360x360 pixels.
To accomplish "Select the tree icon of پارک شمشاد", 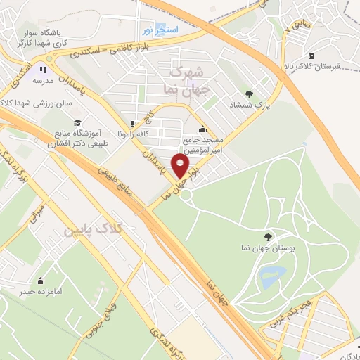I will (x=249, y=94).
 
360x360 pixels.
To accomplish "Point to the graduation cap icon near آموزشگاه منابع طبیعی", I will (x=77, y=124).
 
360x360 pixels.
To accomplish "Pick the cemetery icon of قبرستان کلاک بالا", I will (x=311, y=56).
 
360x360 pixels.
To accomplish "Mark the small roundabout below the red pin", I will (x=186, y=195).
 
